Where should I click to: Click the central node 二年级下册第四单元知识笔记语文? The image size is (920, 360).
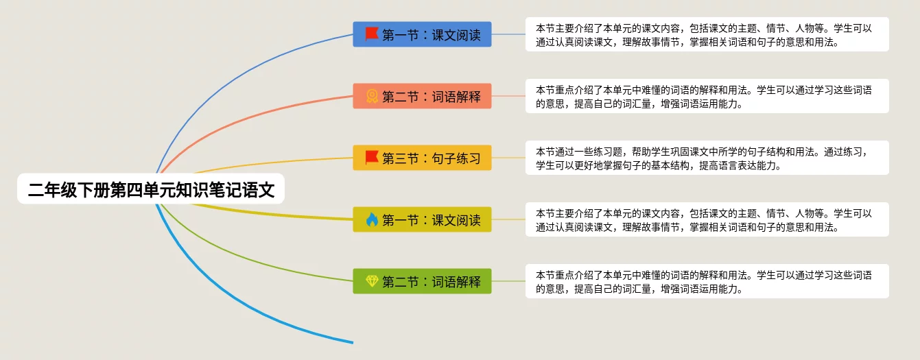pyautogui.click(x=151, y=189)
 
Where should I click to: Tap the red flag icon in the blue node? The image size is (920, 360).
pyautogui.click(x=372, y=34)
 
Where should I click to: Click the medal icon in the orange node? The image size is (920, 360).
pyautogui.click(x=372, y=96)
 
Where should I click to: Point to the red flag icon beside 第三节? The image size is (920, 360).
pyautogui.click(x=372, y=158)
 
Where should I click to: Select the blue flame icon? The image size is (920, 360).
pyautogui.click(x=372, y=219)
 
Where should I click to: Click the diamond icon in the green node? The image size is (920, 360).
pyautogui.click(x=372, y=280)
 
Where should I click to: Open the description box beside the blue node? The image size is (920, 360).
pyautogui.click(x=707, y=34)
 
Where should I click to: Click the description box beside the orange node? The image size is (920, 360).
pyautogui.click(x=707, y=96)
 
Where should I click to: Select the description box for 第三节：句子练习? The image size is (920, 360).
pyautogui.click(x=707, y=158)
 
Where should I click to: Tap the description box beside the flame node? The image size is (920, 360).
pyautogui.click(x=707, y=219)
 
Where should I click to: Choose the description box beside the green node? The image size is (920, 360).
pyautogui.click(x=707, y=281)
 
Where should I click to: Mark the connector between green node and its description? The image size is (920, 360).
pyautogui.click(x=508, y=281)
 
